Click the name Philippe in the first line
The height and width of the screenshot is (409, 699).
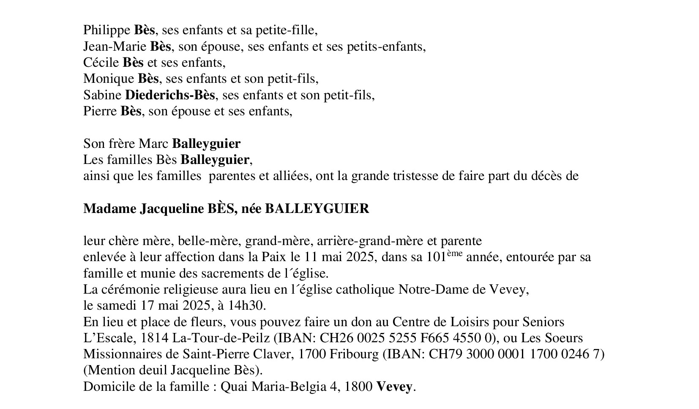point(106,30)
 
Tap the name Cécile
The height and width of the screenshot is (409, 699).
point(101,63)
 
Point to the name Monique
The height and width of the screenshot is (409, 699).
point(109,79)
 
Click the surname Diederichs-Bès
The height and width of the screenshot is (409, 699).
point(170,95)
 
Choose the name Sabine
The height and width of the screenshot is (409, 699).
point(102,95)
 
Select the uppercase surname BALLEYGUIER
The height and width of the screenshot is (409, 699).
point(317,209)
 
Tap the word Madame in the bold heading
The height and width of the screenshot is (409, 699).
point(109,209)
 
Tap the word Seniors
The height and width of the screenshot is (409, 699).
point(543,322)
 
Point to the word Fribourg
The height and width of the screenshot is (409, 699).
point(355,354)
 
